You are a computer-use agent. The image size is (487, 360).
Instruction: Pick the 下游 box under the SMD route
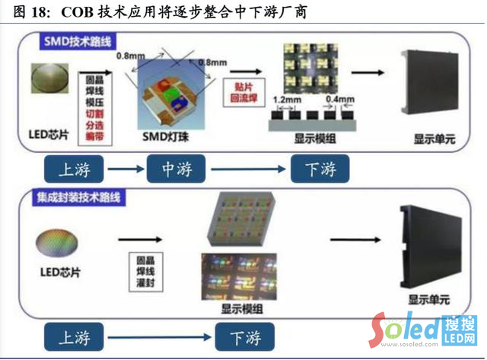coord(319,169)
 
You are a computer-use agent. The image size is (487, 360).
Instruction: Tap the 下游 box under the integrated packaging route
coord(246,336)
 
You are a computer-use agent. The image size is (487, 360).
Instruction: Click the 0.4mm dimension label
coord(339,100)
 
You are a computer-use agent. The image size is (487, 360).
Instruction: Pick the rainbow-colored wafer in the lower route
coord(57,244)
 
